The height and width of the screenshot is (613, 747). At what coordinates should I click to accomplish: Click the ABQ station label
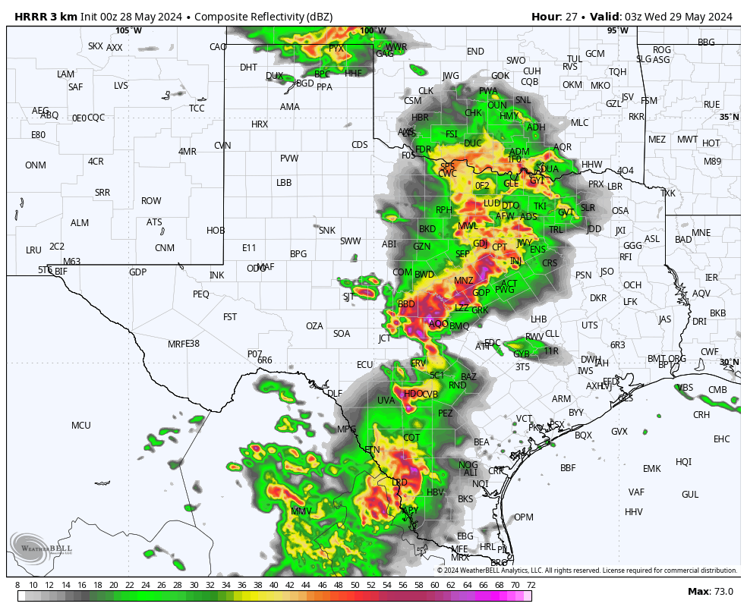coord(49,115)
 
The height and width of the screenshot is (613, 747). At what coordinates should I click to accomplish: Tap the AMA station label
coord(290,107)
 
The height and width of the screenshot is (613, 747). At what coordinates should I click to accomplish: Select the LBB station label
coord(284,183)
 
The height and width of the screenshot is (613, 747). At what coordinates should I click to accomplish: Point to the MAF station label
coord(266,267)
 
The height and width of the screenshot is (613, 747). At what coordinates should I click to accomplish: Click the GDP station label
coord(137,272)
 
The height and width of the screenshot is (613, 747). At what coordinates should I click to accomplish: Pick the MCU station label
coord(81,426)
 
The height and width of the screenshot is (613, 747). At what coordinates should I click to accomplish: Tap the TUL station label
coord(575,59)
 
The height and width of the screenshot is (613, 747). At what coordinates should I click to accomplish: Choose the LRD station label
coord(399,483)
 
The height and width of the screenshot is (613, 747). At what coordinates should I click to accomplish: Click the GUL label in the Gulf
coord(690,495)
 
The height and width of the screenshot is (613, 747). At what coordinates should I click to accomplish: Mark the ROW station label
coord(151,201)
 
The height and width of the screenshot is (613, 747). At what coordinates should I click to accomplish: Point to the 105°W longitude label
coord(128,30)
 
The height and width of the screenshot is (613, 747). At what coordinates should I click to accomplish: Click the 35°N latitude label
coord(729,117)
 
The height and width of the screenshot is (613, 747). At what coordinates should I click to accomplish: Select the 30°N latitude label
coord(729,363)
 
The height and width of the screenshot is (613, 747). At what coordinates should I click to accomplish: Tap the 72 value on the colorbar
coord(531,585)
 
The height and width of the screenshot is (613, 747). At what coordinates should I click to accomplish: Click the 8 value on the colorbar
coord(17,585)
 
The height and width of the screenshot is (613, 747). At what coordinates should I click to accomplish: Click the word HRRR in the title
coord(31,17)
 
